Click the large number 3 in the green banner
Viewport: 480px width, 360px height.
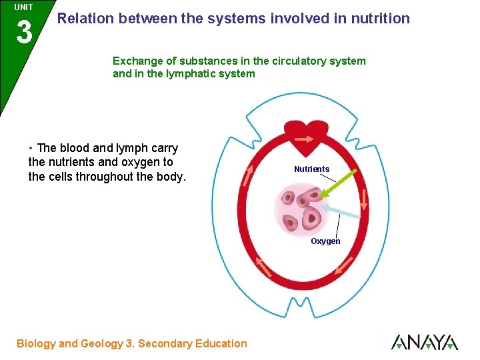pos(24,31)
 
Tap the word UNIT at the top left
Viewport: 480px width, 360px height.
pos(23,7)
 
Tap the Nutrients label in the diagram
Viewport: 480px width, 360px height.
pos(311,169)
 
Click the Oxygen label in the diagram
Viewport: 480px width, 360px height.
pos(325,241)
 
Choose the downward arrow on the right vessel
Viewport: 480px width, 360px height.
pos(365,199)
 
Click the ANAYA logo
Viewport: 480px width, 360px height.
pos(424,342)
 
